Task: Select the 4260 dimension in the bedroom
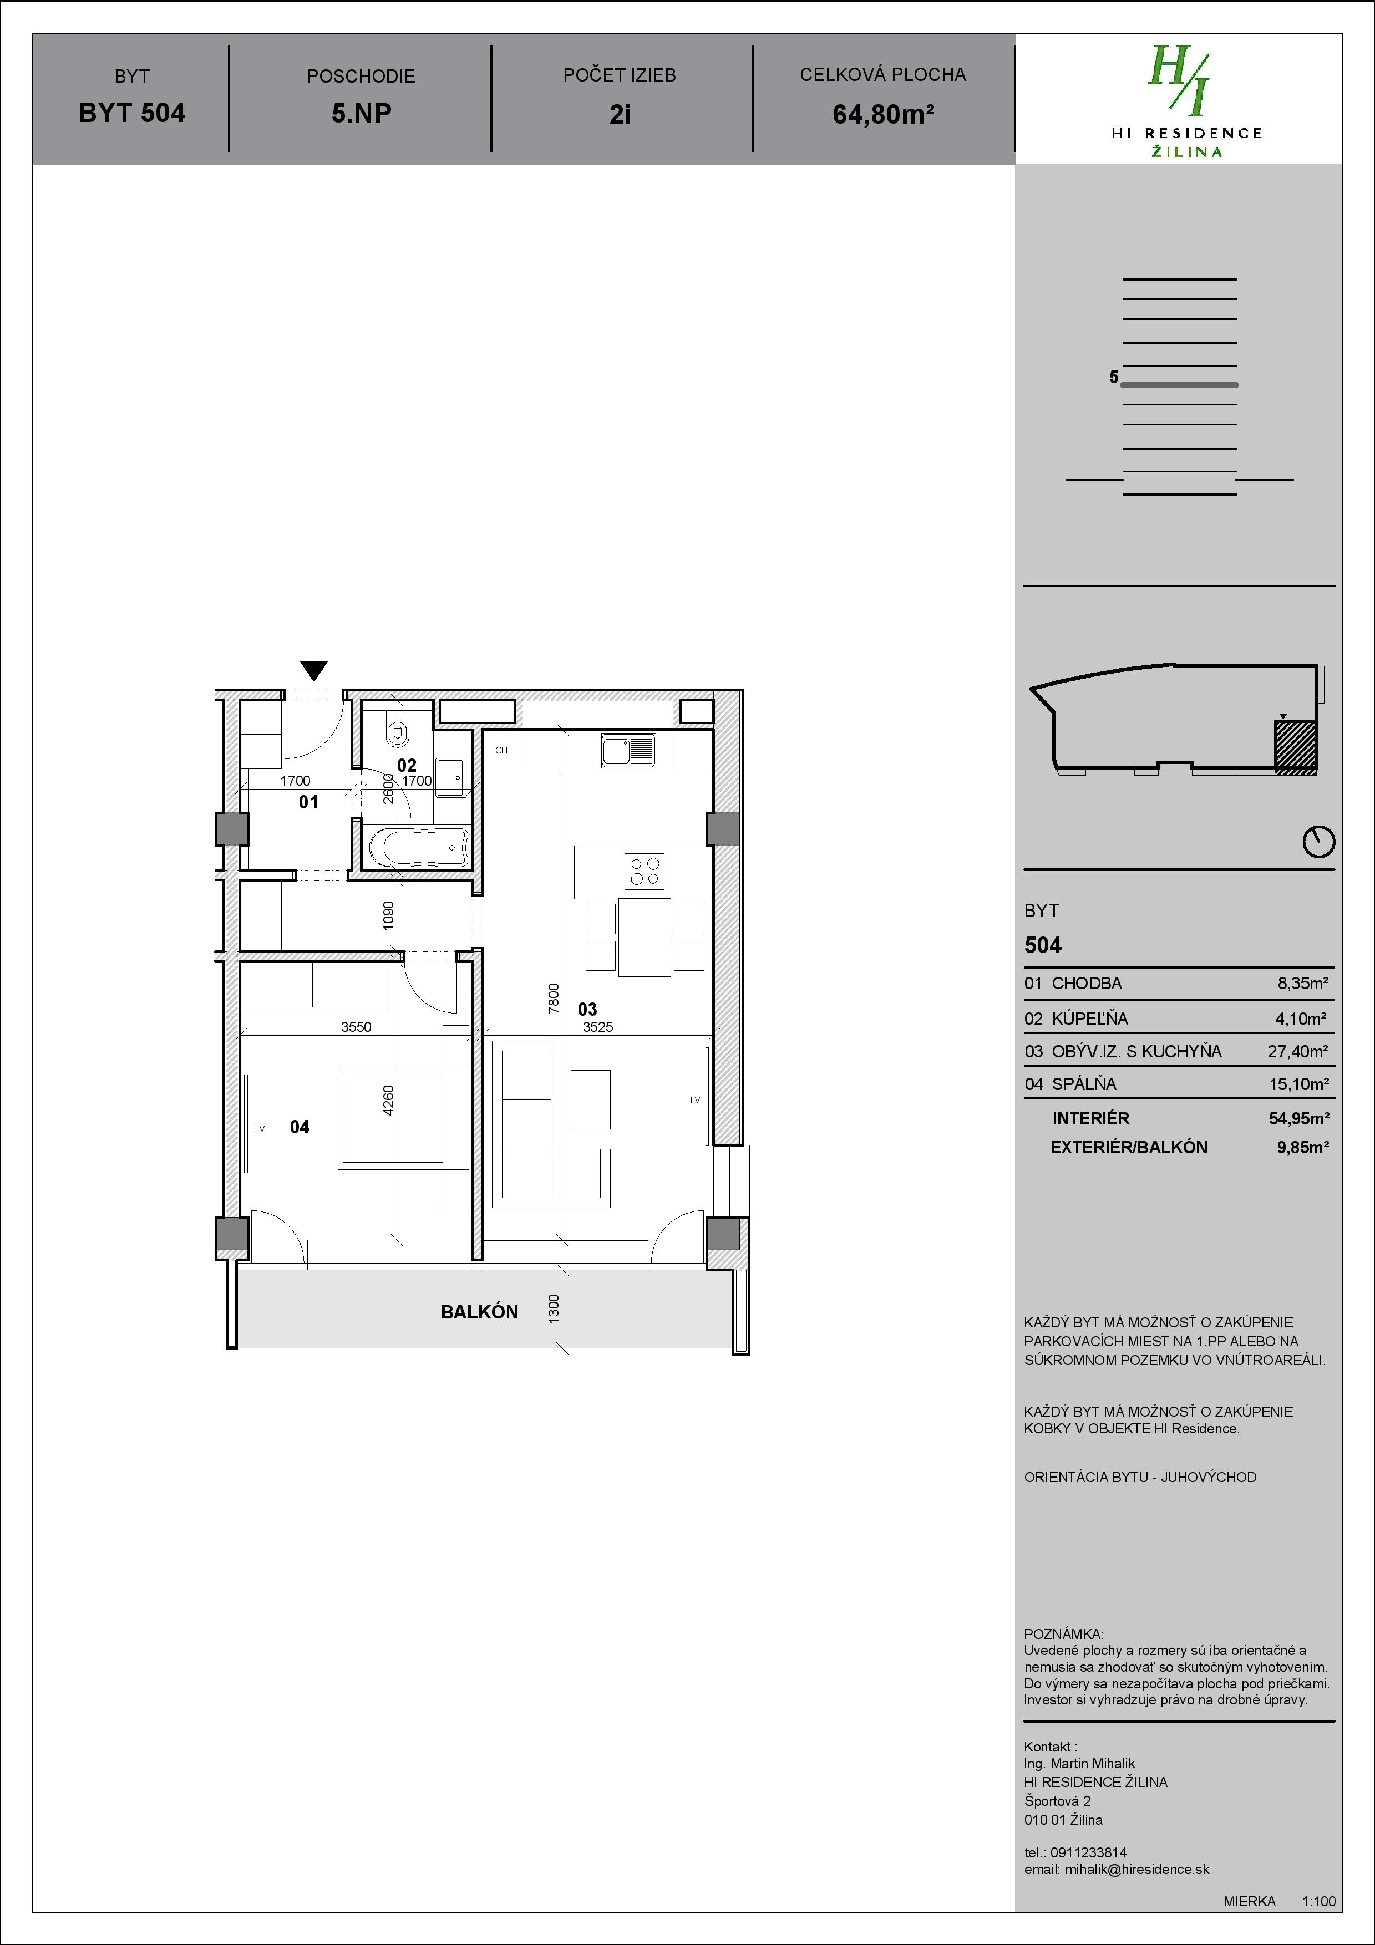coord(389,1099)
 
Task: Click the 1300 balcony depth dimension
coord(553,1309)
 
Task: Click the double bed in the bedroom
coord(392,1117)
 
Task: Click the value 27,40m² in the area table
coord(1297,1051)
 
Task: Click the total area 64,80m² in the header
coord(883,114)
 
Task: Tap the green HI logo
coord(1179,82)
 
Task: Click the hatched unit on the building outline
coord(1295,746)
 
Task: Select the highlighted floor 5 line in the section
coord(1179,385)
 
